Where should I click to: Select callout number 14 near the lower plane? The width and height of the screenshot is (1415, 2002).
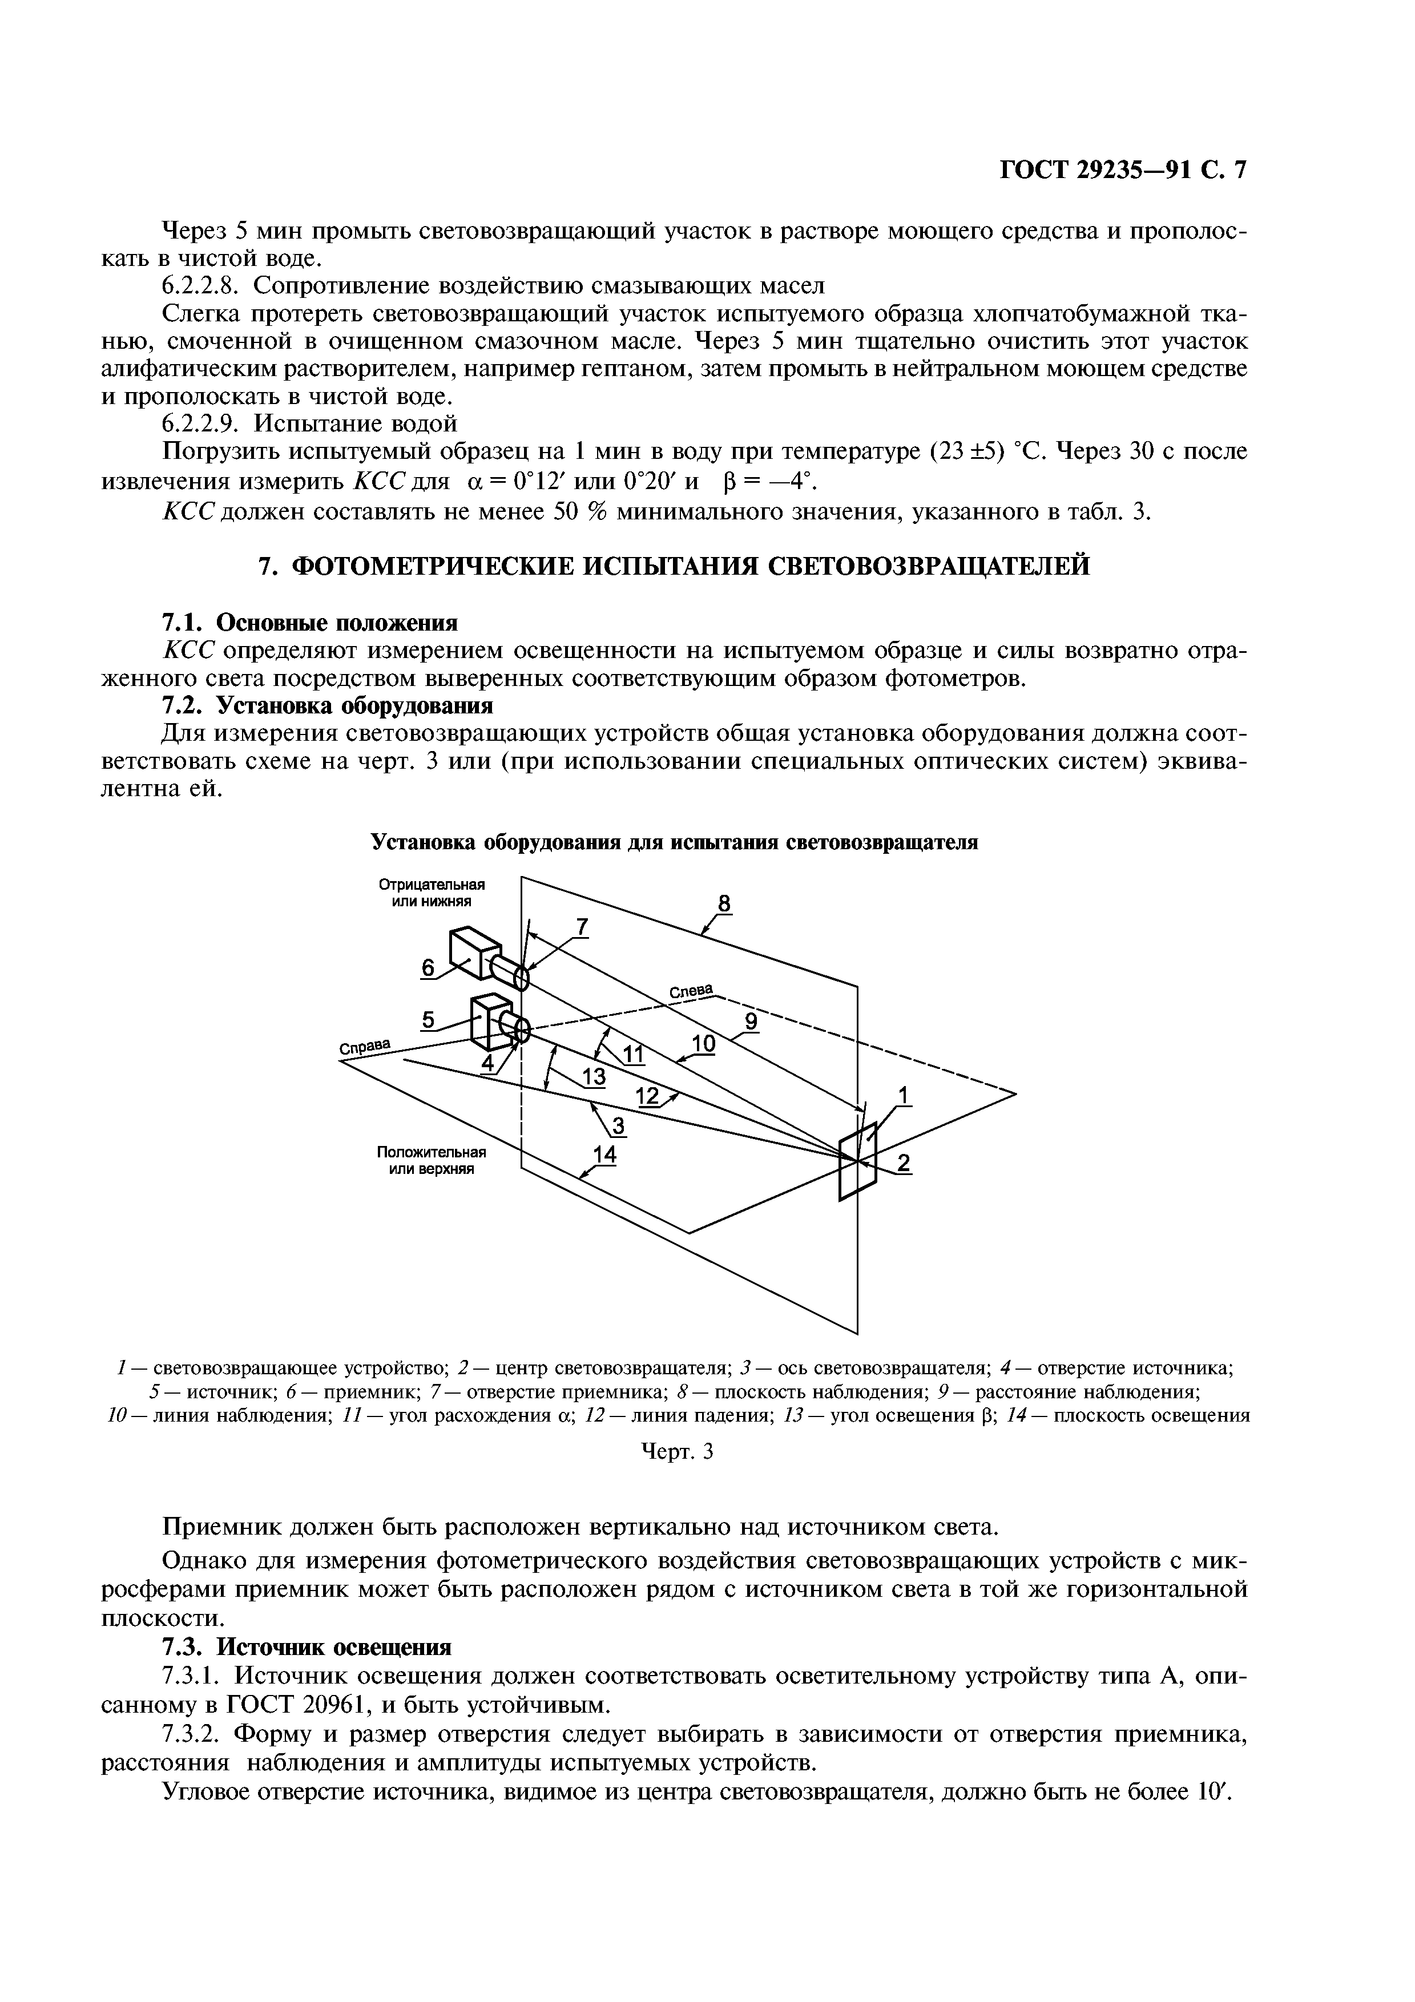click(x=604, y=1155)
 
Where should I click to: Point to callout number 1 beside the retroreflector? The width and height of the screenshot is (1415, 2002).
click(x=903, y=1094)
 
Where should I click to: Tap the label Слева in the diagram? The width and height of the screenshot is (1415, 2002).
click(x=691, y=991)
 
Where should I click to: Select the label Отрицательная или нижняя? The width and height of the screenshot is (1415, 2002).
click(x=432, y=892)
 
